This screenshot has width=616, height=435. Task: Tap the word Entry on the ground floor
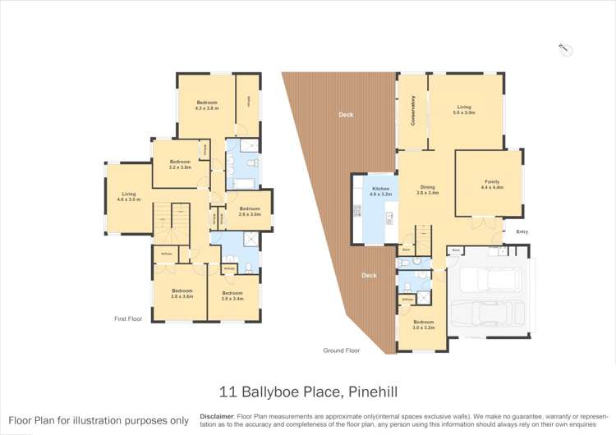tap(522, 231)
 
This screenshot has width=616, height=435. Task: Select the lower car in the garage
tap(491, 315)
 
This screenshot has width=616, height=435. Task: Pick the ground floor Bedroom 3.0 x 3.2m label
tap(423, 324)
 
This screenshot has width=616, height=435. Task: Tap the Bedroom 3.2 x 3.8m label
tap(180, 164)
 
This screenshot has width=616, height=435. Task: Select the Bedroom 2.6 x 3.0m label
tap(250, 211)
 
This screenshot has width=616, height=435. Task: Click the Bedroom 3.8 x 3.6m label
tap(182, 293)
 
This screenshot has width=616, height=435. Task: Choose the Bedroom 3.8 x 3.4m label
tap(232, 295)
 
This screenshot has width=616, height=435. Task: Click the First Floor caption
tap(129, 318)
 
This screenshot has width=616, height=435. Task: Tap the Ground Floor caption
tap(342, 350)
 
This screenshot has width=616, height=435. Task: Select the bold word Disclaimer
tap(217, 416)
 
